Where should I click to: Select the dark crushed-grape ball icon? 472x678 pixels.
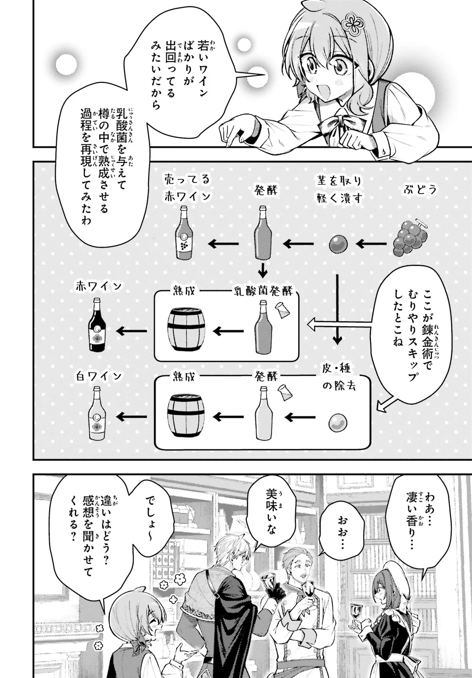click(339, 244)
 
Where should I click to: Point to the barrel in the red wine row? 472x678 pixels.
click(187, 329)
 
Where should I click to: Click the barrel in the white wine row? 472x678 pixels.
click(186, 415)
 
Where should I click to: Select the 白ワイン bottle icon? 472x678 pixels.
click(97, 414)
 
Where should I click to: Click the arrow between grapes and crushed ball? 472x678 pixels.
click(372, 244)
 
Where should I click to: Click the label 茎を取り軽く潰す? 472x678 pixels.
click(339, 190)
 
